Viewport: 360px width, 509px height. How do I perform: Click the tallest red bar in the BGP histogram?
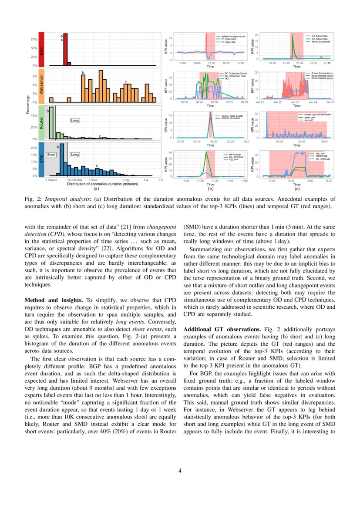[65, 50]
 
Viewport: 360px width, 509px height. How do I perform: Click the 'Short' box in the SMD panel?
[51, 155]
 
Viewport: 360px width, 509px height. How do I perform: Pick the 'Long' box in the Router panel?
[75, 120]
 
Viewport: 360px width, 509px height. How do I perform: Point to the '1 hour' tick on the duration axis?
[93, 180]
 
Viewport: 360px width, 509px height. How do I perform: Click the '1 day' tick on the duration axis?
[126, 180]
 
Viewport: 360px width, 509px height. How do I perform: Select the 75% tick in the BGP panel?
[34, 39]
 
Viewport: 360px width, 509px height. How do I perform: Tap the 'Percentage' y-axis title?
[28, 105]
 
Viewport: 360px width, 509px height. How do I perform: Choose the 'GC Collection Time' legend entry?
[235, 76]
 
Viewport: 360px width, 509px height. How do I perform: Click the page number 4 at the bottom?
[180, 470]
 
